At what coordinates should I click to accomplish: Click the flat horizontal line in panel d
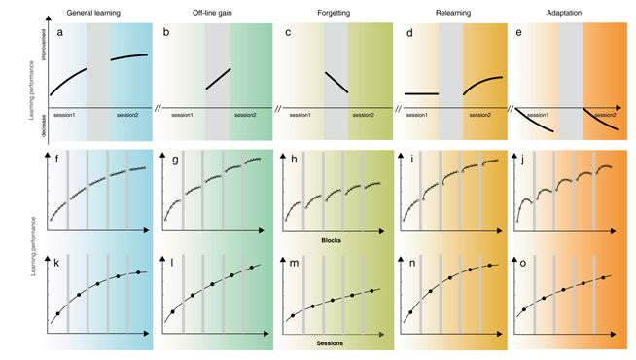[422, 94]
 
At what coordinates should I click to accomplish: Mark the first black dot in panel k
[57, 314]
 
